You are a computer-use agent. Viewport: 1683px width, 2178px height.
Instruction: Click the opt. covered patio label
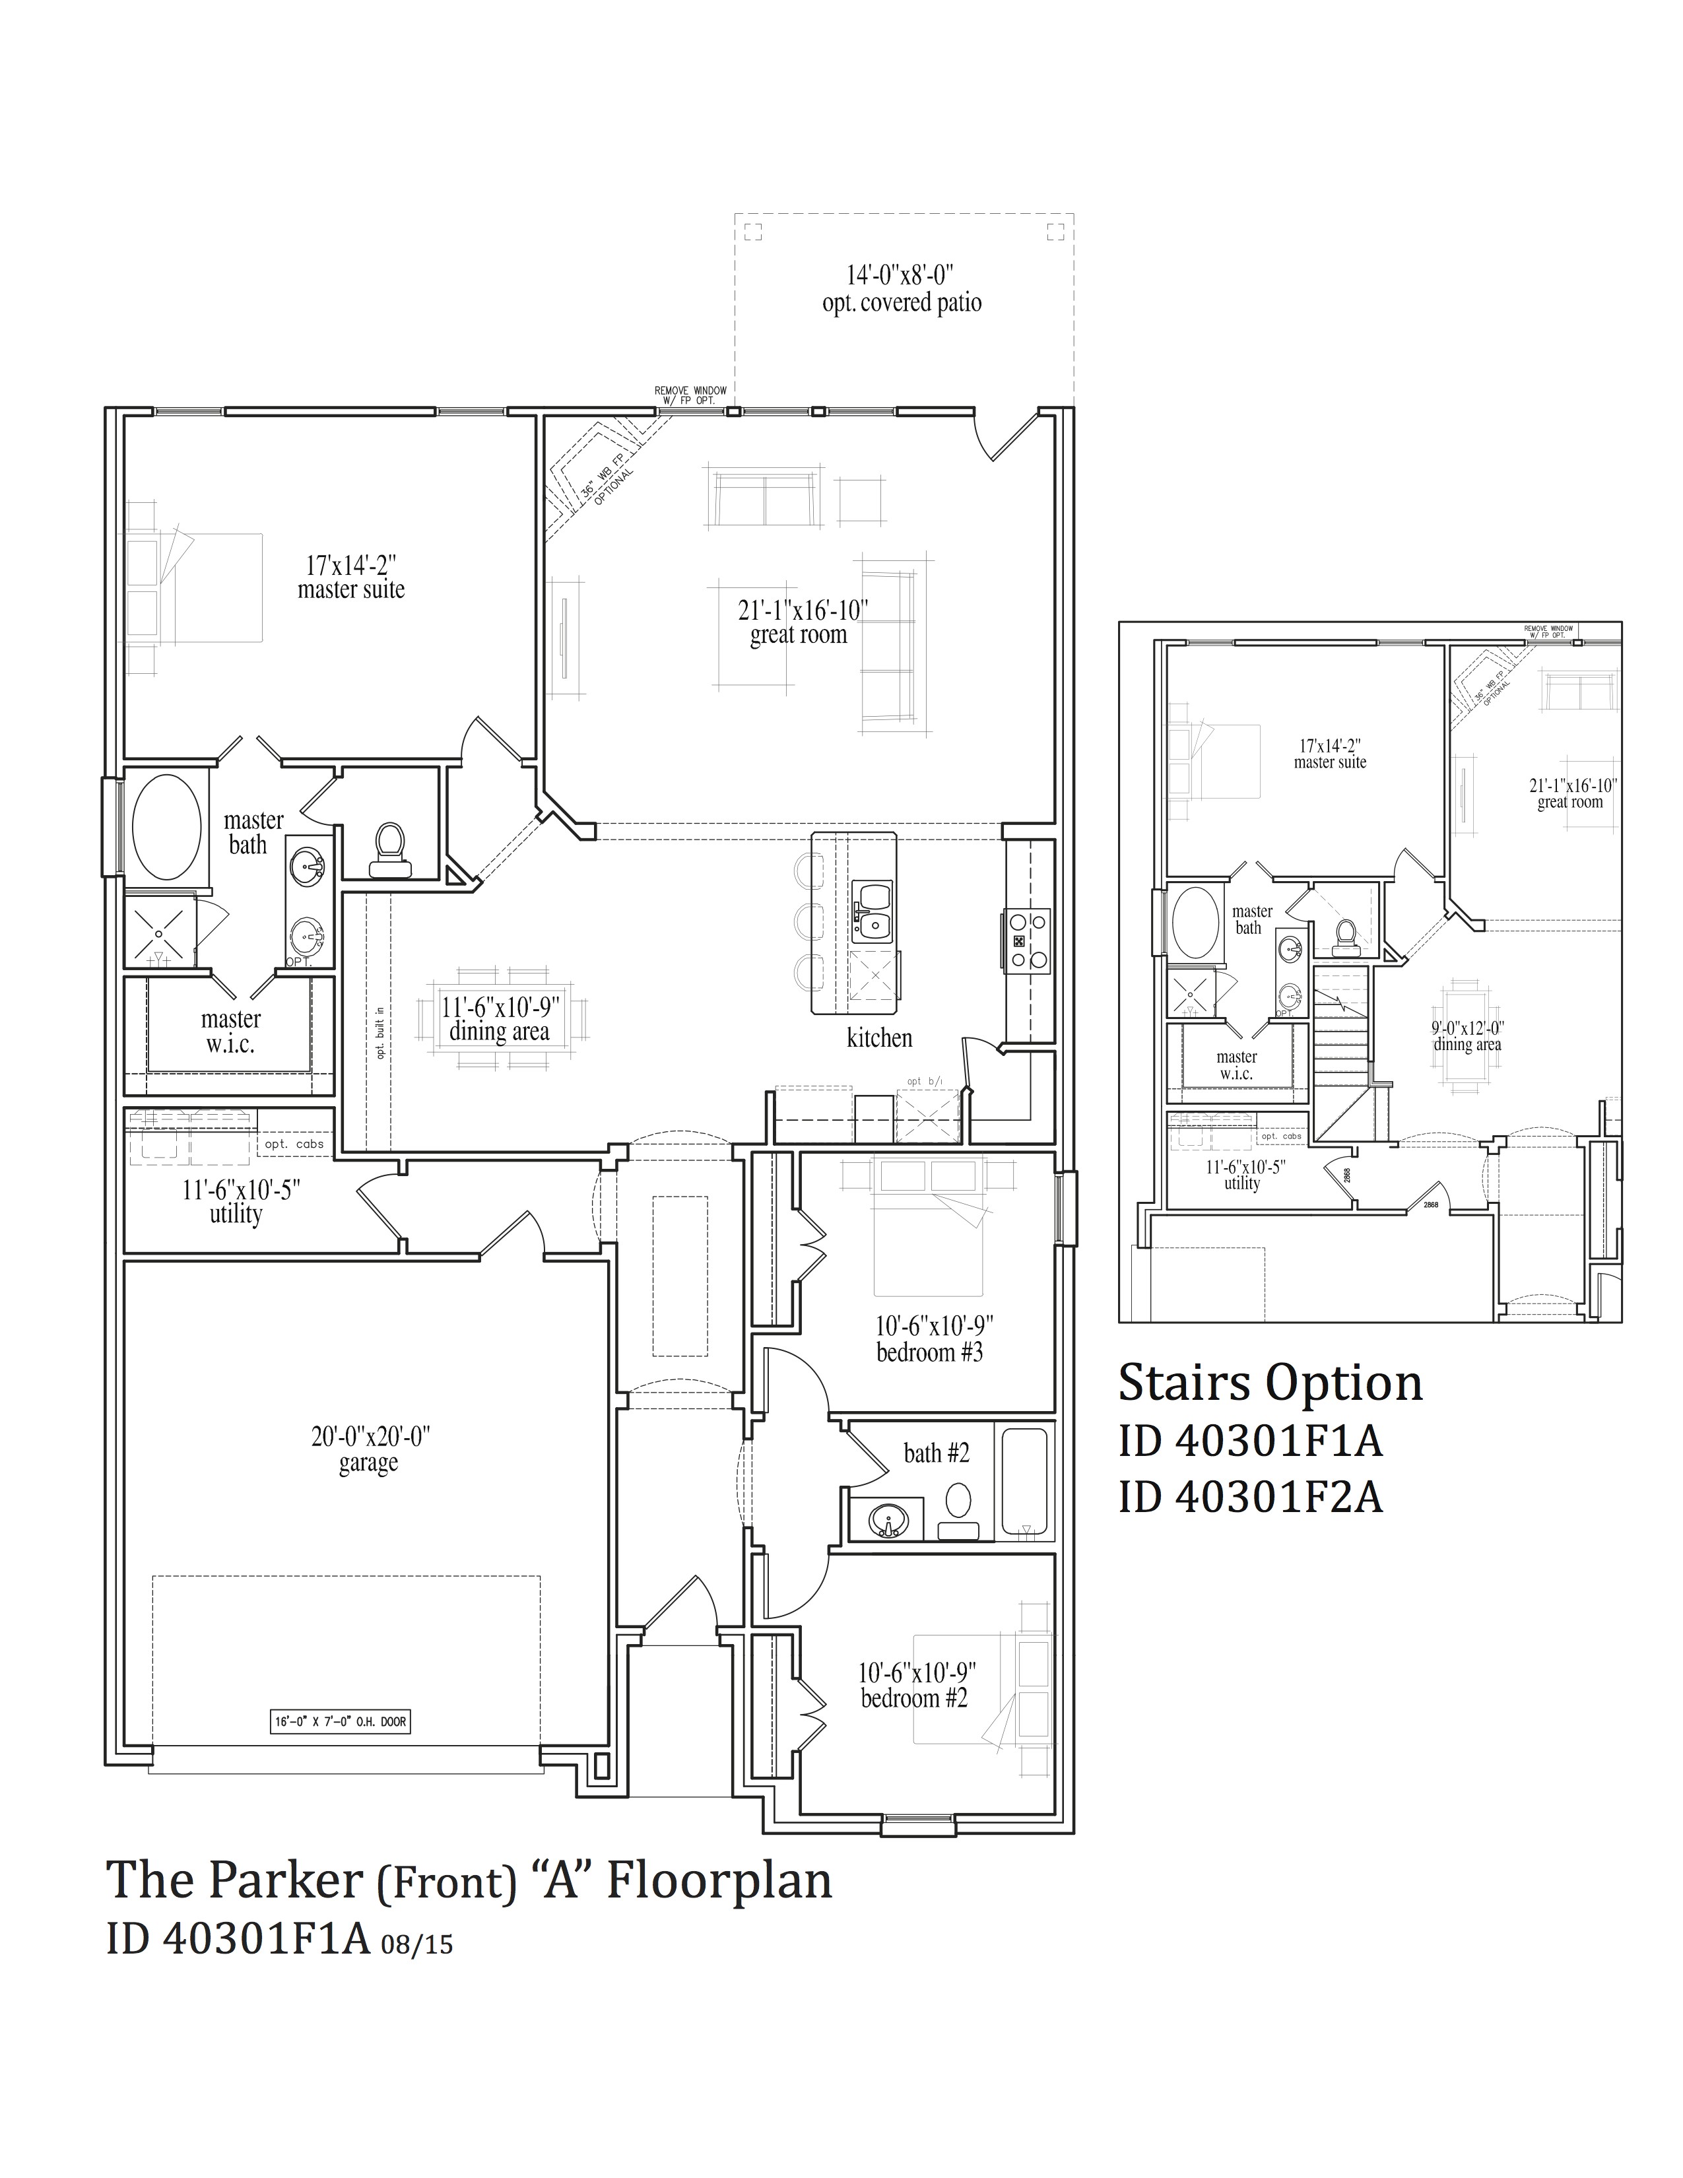[902, 303]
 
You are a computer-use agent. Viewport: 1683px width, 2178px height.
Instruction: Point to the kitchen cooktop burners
[1028, 940]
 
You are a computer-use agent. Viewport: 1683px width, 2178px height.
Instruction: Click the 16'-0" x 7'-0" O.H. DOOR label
[340, 1722]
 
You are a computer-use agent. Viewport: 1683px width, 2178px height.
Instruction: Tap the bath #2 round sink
[886, 1522]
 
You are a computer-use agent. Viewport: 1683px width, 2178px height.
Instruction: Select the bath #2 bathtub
[1023, 1479]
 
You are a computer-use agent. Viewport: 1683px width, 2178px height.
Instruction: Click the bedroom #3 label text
[929, 1353]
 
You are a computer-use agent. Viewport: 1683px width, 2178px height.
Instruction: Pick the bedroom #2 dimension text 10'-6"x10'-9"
[916, 1672]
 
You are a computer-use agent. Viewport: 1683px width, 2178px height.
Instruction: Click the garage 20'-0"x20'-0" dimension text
[369, 1437]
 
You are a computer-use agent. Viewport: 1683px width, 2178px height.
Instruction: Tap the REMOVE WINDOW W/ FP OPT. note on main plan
[690, 395]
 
